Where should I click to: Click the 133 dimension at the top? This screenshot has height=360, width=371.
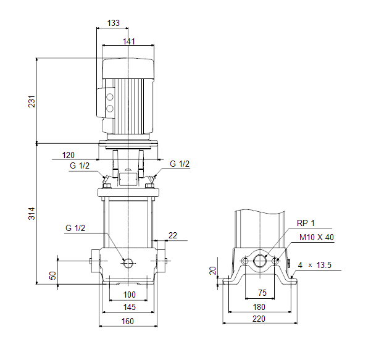point(113,23)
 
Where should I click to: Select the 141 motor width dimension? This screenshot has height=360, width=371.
point(128,41)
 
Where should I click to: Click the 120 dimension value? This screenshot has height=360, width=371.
point(68,154)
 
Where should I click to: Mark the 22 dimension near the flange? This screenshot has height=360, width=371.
point(172,235)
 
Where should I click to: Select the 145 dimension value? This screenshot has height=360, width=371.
point(129,307)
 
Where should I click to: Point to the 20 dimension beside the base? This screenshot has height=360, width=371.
point(213,270)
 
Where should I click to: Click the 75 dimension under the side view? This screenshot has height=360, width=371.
point(262,293)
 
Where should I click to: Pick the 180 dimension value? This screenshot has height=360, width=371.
point(259,307)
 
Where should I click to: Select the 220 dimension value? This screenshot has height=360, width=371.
point(259,320)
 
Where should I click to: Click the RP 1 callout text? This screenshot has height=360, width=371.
point(306,223)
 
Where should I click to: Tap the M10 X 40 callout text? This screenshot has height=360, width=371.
point(316,237)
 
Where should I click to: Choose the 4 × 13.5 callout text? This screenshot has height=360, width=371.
point(315,265)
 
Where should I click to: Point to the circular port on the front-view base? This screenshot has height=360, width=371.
point(128,263)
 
